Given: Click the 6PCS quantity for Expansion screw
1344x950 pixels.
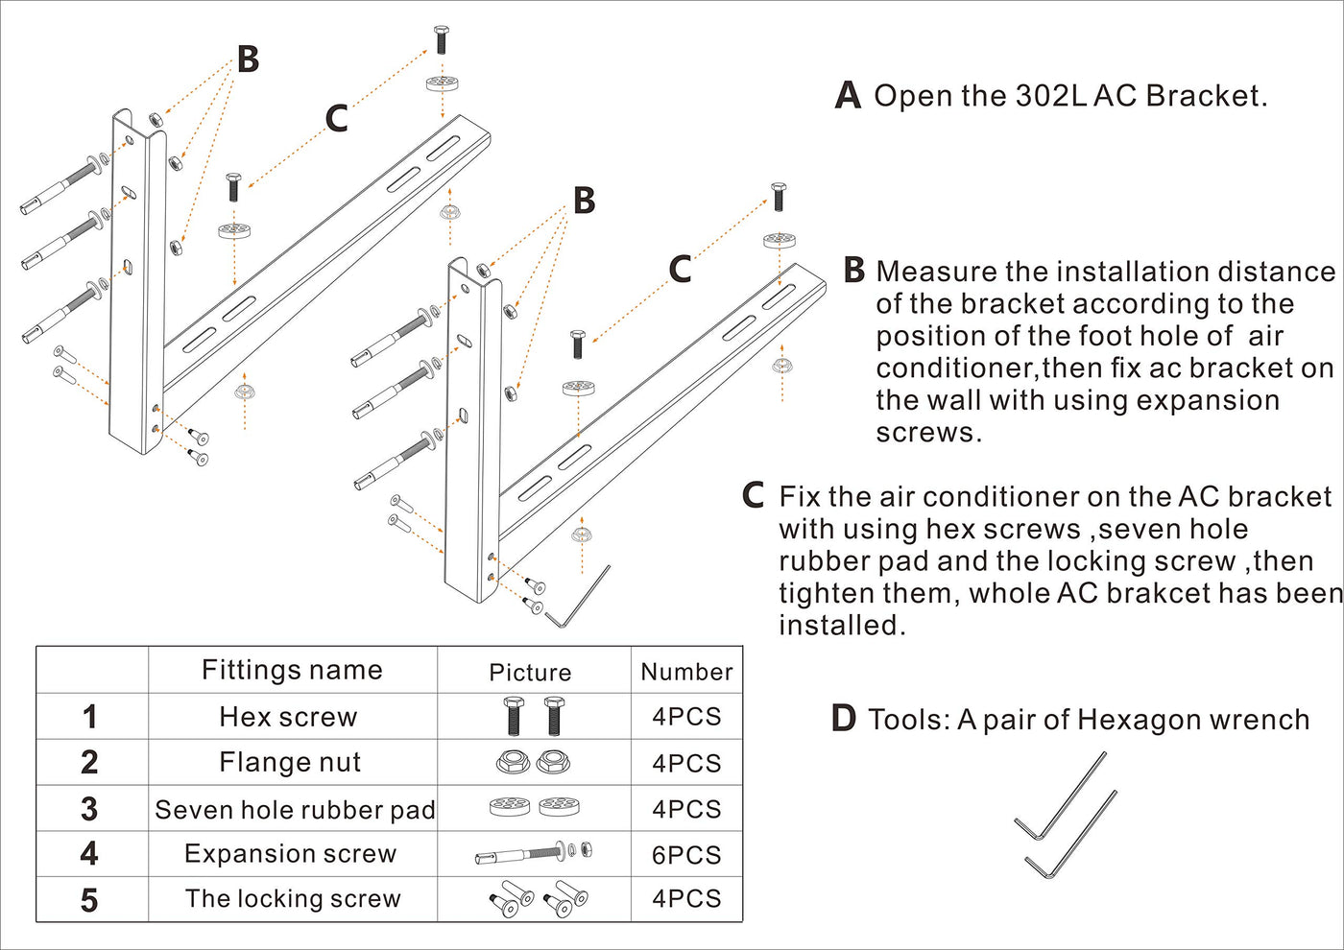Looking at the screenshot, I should (685, 855).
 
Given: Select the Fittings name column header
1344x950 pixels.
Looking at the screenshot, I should (292, 670).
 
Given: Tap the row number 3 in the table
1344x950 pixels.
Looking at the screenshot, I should (89, 809).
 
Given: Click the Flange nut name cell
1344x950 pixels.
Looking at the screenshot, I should (290, 763).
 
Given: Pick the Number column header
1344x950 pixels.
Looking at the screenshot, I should (686, 672).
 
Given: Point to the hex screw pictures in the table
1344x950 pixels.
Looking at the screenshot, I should (533, 717).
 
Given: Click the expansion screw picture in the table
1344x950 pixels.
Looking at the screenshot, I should (533, 853).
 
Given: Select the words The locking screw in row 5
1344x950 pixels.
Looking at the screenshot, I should (293, 899).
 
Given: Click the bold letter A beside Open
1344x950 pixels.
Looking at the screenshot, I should (848, 96).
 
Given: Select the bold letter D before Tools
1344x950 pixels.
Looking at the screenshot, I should (843, 719).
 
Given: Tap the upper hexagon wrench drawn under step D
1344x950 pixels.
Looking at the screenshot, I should (1061, 796).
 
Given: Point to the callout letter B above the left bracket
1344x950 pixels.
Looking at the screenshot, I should (248, 59).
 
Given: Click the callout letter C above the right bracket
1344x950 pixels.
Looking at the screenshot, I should (680, 270).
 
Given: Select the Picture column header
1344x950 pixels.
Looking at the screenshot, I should (530, 673).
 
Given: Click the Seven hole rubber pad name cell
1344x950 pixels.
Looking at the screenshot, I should (295, 810).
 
